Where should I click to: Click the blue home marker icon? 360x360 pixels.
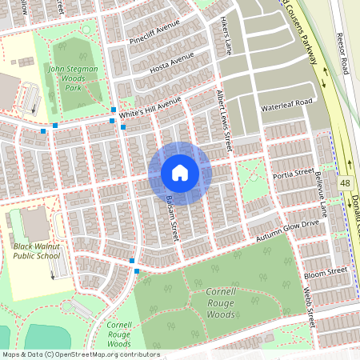[179, 173]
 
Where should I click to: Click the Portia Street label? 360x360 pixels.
[294, 173]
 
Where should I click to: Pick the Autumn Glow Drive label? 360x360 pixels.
[287, 229]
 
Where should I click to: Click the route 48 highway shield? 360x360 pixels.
[344, 183]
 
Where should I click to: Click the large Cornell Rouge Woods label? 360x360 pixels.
[210, 303]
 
